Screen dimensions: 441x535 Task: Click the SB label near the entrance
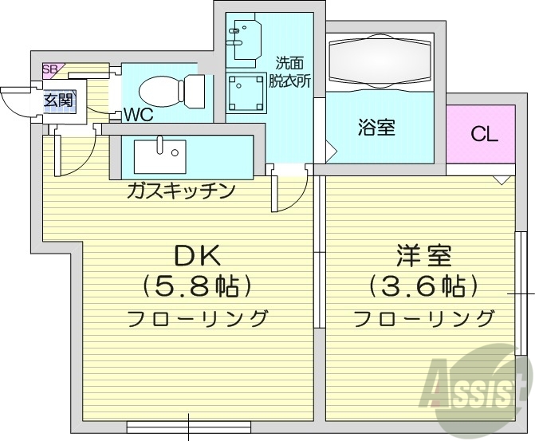[x=49, y=69]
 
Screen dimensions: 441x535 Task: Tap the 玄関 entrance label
[x=59, y=100]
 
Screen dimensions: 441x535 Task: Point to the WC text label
[x=137, y=114]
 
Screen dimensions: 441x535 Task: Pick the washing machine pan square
[x=246, y=93]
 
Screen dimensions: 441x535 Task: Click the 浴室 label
[x=376, y=128]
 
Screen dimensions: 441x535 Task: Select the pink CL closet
[x=483, y=133]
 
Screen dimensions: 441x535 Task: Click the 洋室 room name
[x=423, y=257]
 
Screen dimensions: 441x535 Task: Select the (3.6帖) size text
[x=423, y=284]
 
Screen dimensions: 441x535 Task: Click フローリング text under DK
[x=197, y=319]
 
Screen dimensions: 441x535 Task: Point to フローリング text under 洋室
[x=423, y=319]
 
